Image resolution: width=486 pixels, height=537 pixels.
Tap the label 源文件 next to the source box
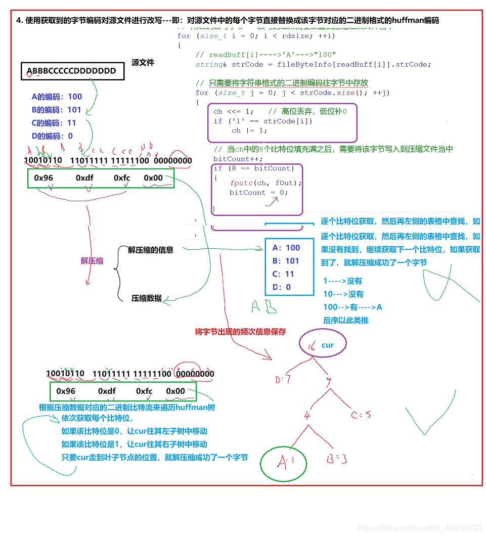coord(143,63)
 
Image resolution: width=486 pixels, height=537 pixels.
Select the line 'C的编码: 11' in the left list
coord(54,123)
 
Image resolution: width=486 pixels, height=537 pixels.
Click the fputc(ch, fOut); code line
coord(266,183)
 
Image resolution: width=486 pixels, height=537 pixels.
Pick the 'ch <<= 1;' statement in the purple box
coord(232,111)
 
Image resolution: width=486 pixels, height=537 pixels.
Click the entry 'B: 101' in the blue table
coord(286,261)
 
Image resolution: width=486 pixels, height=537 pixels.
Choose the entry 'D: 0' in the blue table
coord(282,287)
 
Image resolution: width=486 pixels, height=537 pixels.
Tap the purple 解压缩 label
coord(92,261)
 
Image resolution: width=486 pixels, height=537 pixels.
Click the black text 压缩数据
coord(147,298)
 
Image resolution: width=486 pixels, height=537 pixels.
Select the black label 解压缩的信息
coord(150,250)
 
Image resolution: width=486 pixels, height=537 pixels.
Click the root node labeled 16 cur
coord(322,345)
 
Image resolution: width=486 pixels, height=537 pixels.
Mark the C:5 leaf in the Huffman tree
coord(361,415)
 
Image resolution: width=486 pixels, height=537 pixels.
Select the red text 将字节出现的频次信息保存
coord(240,332)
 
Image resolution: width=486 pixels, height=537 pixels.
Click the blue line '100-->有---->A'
coord(352,307)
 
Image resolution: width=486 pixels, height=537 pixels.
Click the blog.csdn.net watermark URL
coord(419,528)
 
